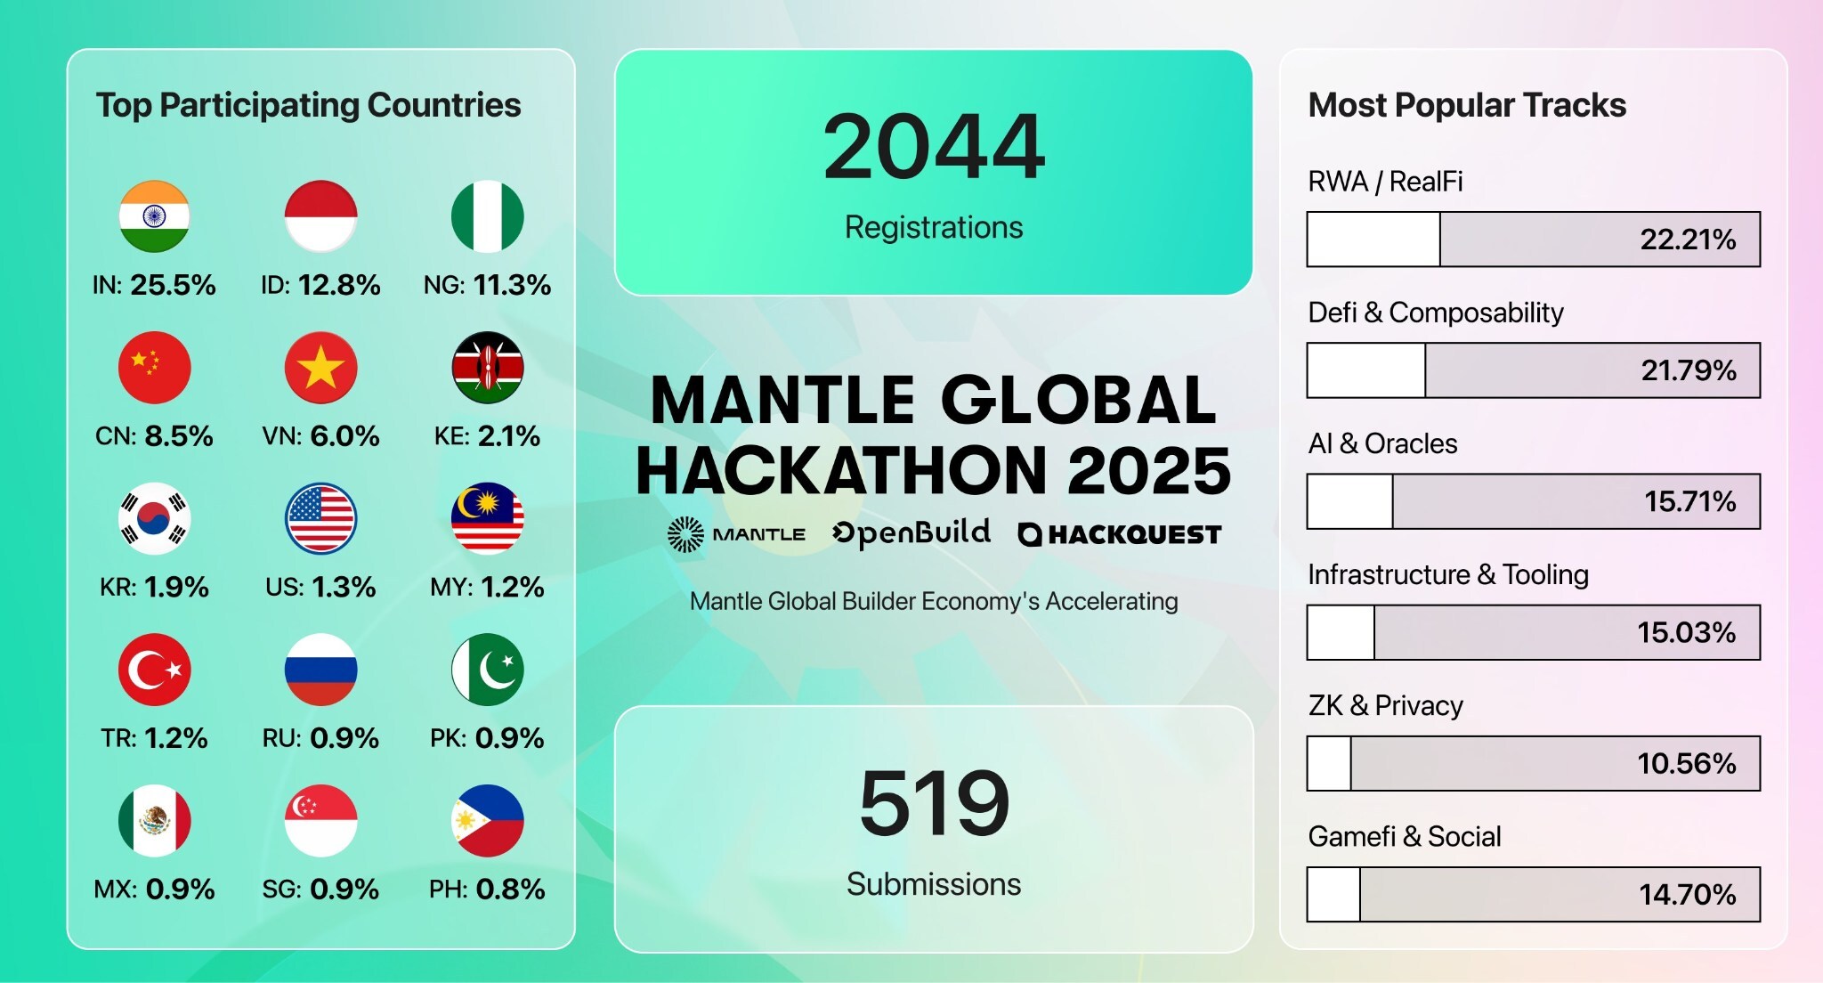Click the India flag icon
point(154,216)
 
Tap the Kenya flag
point(487,367)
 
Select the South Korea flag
point(154,518)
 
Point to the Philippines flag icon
point(487,820)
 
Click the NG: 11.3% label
point(487,285)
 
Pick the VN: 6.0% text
point(320,436)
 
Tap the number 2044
point(934,147)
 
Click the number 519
point(934,804)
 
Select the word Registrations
point(934,228)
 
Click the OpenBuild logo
point(911,532)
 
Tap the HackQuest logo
point(1120,534)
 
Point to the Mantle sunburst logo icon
point(685,534)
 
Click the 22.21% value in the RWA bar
point(1688,240)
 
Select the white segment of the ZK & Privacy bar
point(1329,763)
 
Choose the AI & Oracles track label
point(1382,443)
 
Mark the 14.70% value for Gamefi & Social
point(1688,894)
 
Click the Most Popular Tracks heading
point(1467,105)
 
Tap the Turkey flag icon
point(154,670)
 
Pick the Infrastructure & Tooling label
point(1448,575)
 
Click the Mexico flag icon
point(154,820)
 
